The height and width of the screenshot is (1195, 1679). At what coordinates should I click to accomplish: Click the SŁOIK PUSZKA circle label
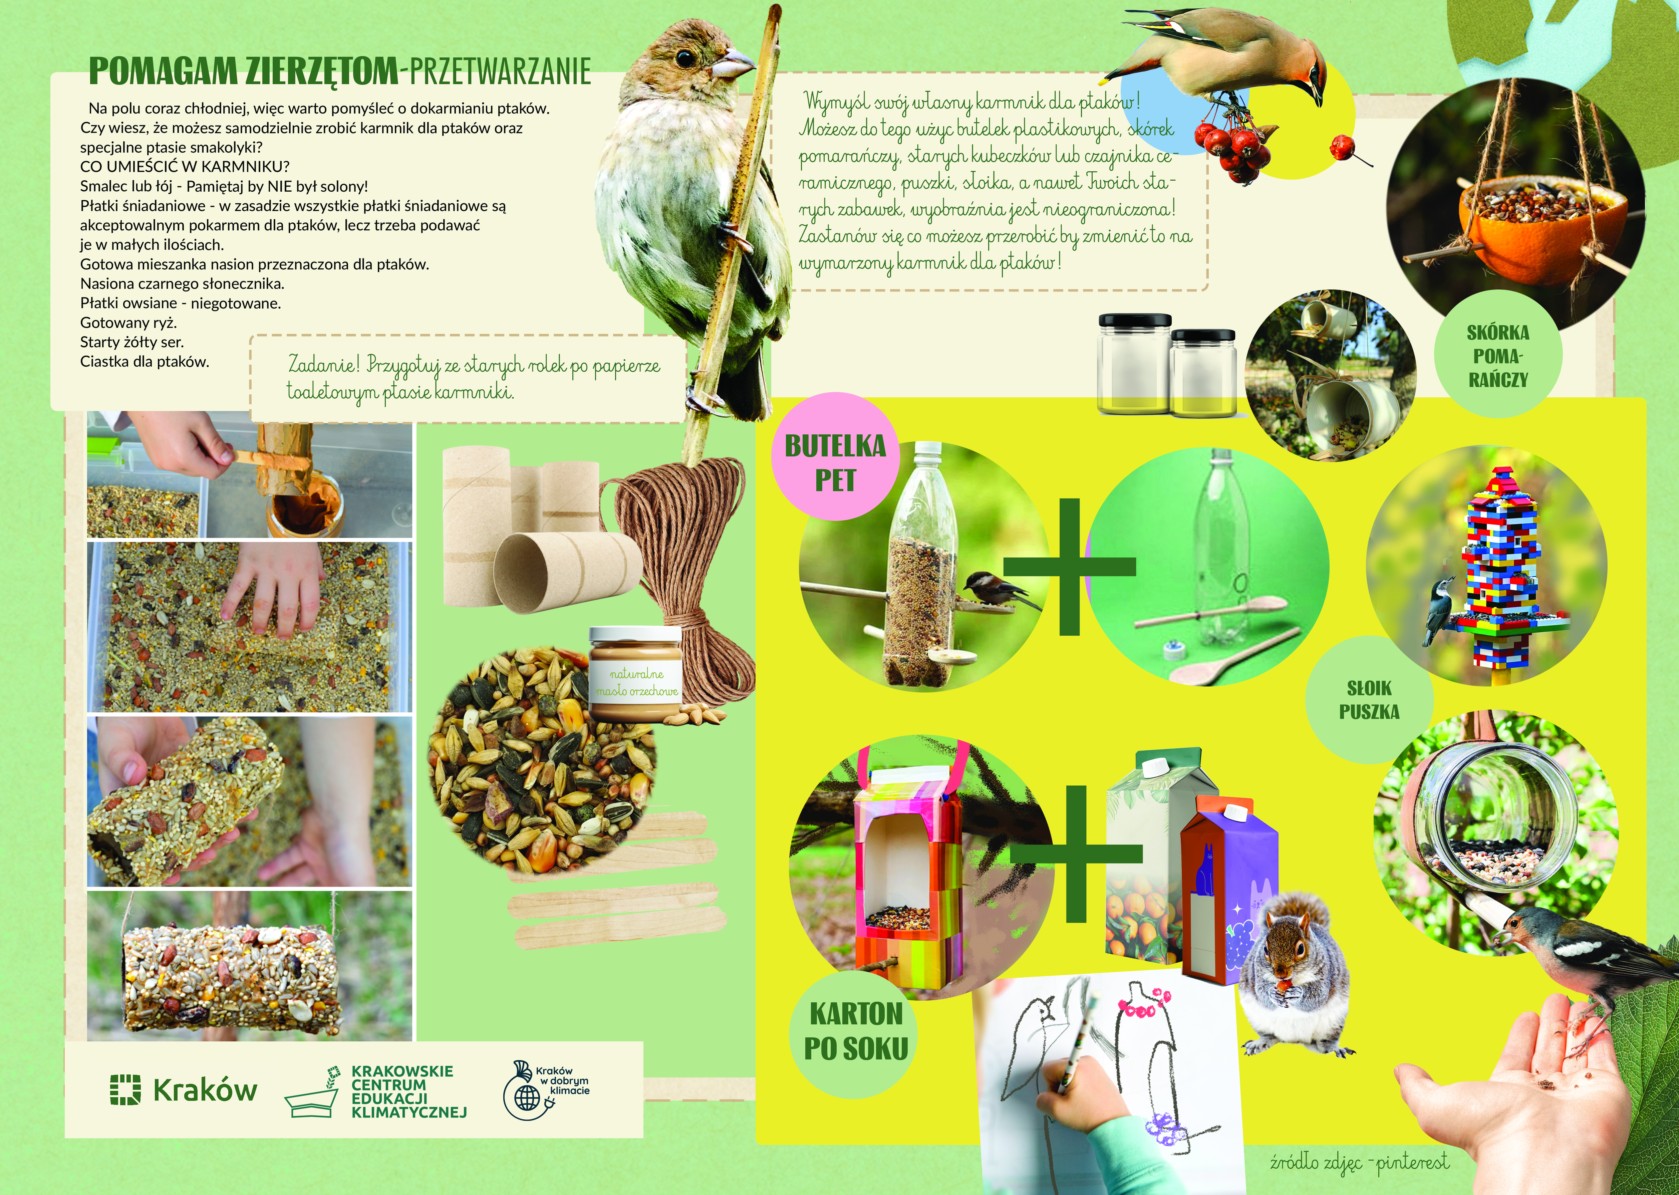[x=1369, y=700]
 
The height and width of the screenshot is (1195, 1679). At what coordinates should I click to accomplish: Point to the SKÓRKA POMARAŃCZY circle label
[x=1497, y=356]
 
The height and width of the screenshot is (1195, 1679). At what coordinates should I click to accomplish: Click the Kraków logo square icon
[x=125, y=1090]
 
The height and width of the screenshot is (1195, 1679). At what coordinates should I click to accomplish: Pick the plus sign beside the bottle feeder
[x=1069, y=566]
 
